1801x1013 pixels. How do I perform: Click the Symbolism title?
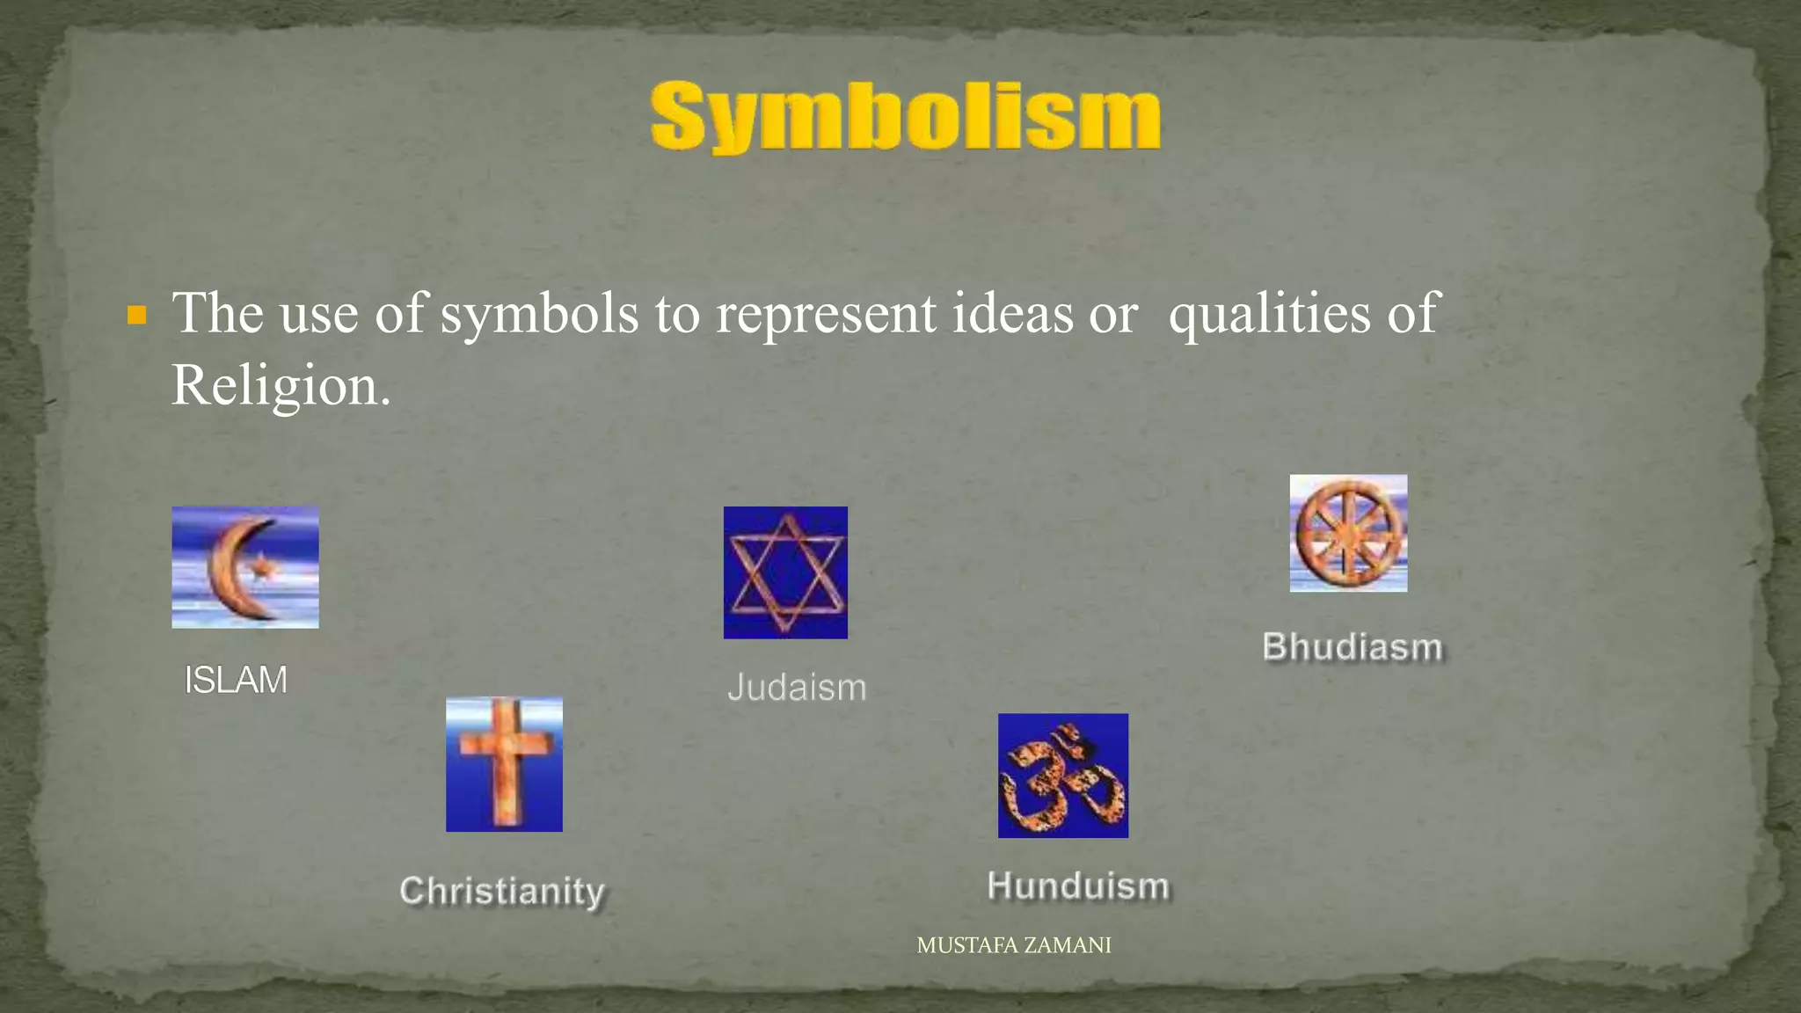pyautogui.click(x=905, y=116)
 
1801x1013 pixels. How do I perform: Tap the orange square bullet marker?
pyautogui.click(x=136, y=315)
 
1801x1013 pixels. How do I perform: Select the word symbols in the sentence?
pyautogui.click(x=538, y=313)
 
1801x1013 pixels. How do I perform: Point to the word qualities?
pyautogui.click(x=1268, y=313)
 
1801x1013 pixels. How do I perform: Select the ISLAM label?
pyautogui.click(x=235, y=680)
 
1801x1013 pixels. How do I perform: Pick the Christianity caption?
pyautogui.click(x=502, y=891)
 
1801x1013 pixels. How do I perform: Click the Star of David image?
pyautogui.click(x=785, y=572)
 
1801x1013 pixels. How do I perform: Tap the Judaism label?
pyautogui.click(x=797, y=687)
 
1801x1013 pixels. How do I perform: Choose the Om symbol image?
pyautogui.click(x=1062, y=776)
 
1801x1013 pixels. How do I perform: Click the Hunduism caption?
pyautogui.click(x=1078, y=885)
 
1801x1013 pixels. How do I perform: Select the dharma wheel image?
pyautogui.click(x=1348, y=533)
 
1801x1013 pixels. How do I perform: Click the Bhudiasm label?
pyautogui.click(x=1353, y=646)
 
